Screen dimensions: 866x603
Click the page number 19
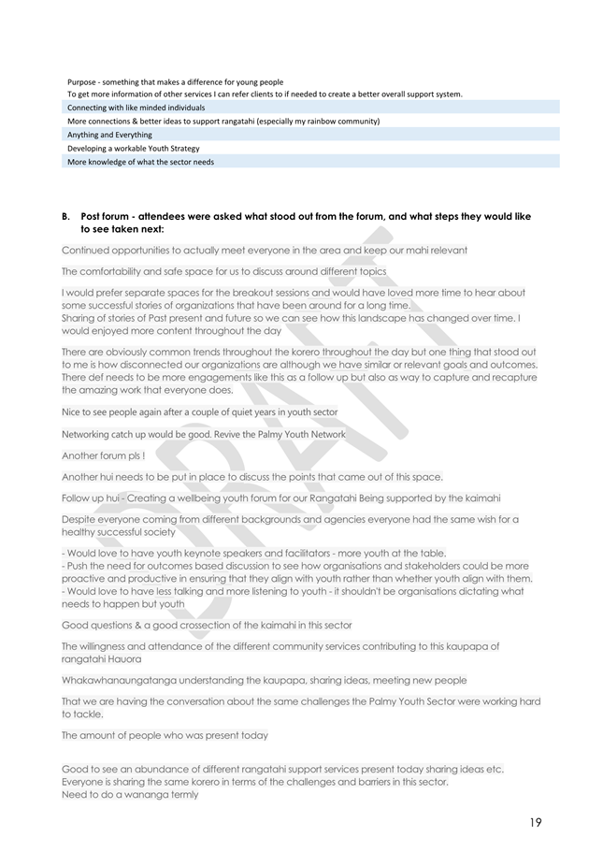click(535, 823)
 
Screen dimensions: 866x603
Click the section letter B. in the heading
click(65, 216)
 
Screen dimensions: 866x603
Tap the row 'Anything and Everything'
click(109, 135)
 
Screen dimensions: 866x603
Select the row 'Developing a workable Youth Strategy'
click(133, 148)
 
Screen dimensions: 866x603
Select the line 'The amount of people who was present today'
click(165, 735)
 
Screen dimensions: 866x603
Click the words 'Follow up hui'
click(94, 498)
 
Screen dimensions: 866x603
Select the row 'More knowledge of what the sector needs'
click(140, 162)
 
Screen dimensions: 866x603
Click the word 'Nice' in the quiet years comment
click(73, 411)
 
